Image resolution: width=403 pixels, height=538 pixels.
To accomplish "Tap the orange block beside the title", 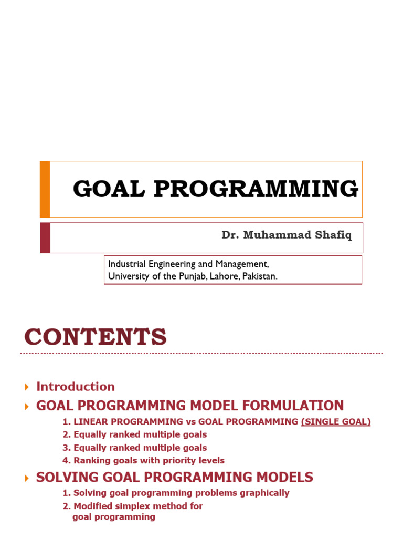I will tap(45, 189).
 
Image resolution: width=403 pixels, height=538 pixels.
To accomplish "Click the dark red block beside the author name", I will tap(45, 237).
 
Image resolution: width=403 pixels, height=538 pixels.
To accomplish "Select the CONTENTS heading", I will tap(96, 337).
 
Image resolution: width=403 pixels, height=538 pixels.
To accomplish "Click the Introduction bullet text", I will tap(75, 387).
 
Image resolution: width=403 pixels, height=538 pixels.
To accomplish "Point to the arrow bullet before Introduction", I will tap(27, 387).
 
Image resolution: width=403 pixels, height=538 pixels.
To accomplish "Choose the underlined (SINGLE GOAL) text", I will tap(336, 421).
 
